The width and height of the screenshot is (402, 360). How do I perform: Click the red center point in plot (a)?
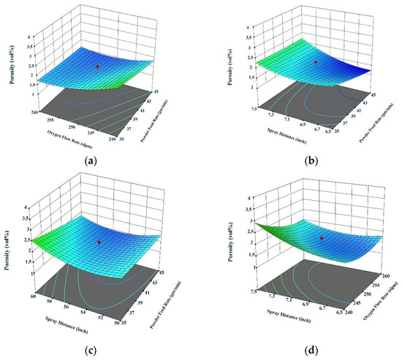96,66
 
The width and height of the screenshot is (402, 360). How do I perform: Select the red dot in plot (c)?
99,242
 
